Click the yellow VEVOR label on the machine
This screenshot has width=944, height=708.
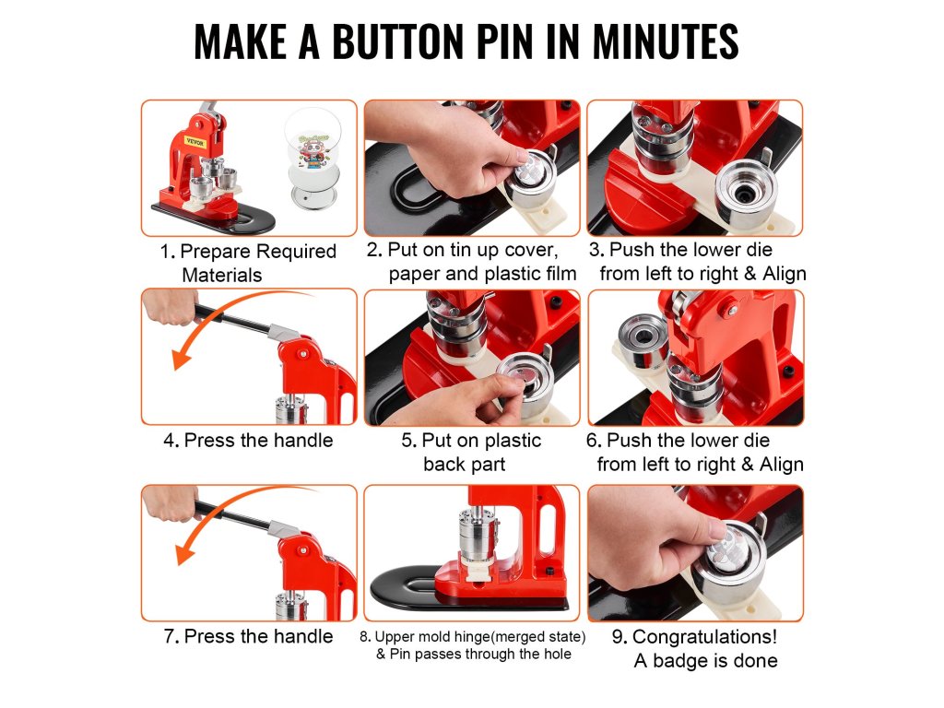[x=195, y=143]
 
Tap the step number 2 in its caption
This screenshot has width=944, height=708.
[x=373, y=250]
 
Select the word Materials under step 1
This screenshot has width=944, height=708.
[x=221, y=275]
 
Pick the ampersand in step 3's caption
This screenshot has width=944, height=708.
[x=750, y=273]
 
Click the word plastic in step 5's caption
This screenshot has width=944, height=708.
[x=512, y=440]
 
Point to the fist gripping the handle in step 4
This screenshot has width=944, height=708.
[x=170, y=306]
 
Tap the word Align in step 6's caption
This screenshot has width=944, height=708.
[x=782, y=465]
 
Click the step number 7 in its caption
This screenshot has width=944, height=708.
[x=171, y=636]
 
